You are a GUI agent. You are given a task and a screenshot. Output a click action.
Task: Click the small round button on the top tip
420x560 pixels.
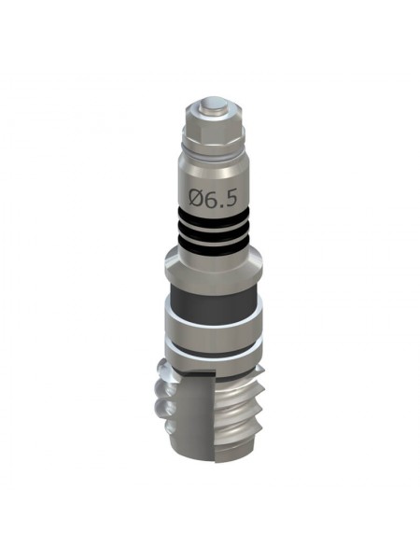click(x=215, y=106)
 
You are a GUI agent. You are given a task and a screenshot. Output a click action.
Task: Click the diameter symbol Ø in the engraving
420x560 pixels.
click(x=196, y=198)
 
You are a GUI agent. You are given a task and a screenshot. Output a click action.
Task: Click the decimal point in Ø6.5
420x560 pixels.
click(x=221, y=204)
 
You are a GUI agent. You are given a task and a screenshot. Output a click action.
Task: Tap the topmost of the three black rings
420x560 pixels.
click(x=214, y=217)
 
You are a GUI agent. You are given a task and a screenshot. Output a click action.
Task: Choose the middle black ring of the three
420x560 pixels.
click(x=214, y=231)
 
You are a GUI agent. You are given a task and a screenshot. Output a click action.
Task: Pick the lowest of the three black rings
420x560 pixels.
click(x=214, y=245)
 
